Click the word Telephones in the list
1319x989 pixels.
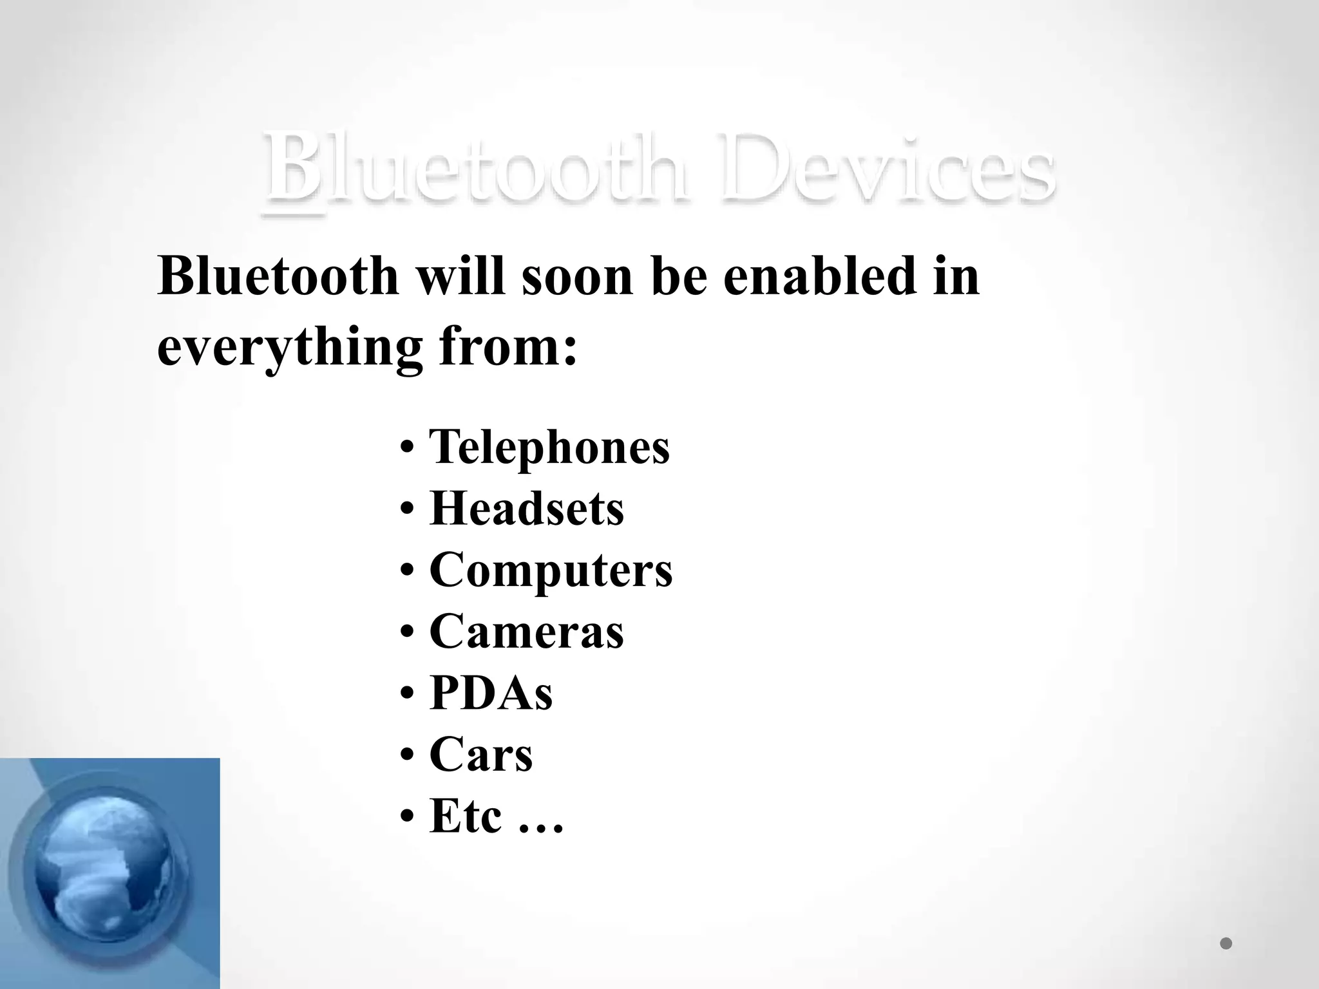coord(549,447)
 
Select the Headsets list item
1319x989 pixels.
coord(526,509)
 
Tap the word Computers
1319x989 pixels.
coord(551,570)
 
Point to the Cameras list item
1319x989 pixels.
coord(526,631)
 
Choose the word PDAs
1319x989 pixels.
coord(491,693)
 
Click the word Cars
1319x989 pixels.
coord(480,754)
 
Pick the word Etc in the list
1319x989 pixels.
coord(465,816)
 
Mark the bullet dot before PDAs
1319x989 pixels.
coord(406,693)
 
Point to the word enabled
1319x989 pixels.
coord(819,277)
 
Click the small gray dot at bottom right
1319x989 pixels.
coord(1226,943)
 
